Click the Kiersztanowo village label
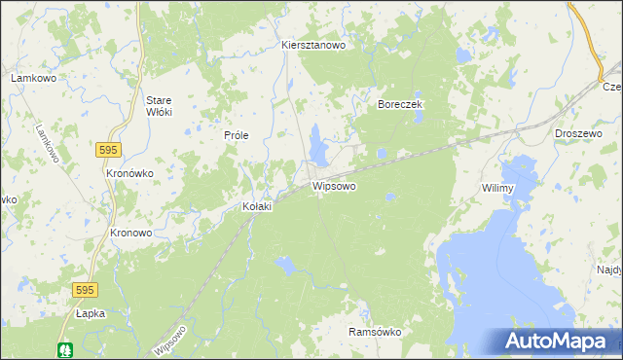coord(314,45)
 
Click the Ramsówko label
coord(375,332)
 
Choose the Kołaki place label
coord(257,206)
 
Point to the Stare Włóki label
coord(159,106)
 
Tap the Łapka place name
coord(90,313)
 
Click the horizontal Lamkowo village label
coord(30,77)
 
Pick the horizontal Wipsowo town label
coord(334,185)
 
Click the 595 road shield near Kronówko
coord(108,149)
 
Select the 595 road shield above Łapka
coord(86,290)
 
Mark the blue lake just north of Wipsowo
coord(317,145)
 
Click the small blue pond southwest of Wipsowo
coord(285,263)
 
